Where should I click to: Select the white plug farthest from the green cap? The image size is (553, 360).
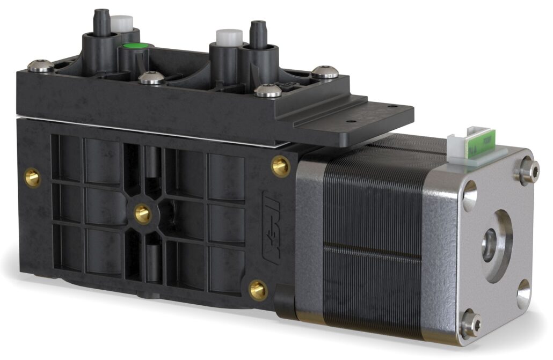229,36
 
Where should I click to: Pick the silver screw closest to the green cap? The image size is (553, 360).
152,78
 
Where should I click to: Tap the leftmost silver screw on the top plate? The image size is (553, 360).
41,66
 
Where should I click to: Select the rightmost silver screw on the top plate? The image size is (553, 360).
325,71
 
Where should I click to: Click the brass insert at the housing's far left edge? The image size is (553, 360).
32,178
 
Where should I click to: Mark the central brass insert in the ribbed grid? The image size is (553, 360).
142,214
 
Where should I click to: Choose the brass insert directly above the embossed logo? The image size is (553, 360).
280,166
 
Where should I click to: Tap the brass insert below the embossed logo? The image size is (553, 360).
258,290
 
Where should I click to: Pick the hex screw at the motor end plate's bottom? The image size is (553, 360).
470,323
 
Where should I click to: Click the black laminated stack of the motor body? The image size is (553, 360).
370,236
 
